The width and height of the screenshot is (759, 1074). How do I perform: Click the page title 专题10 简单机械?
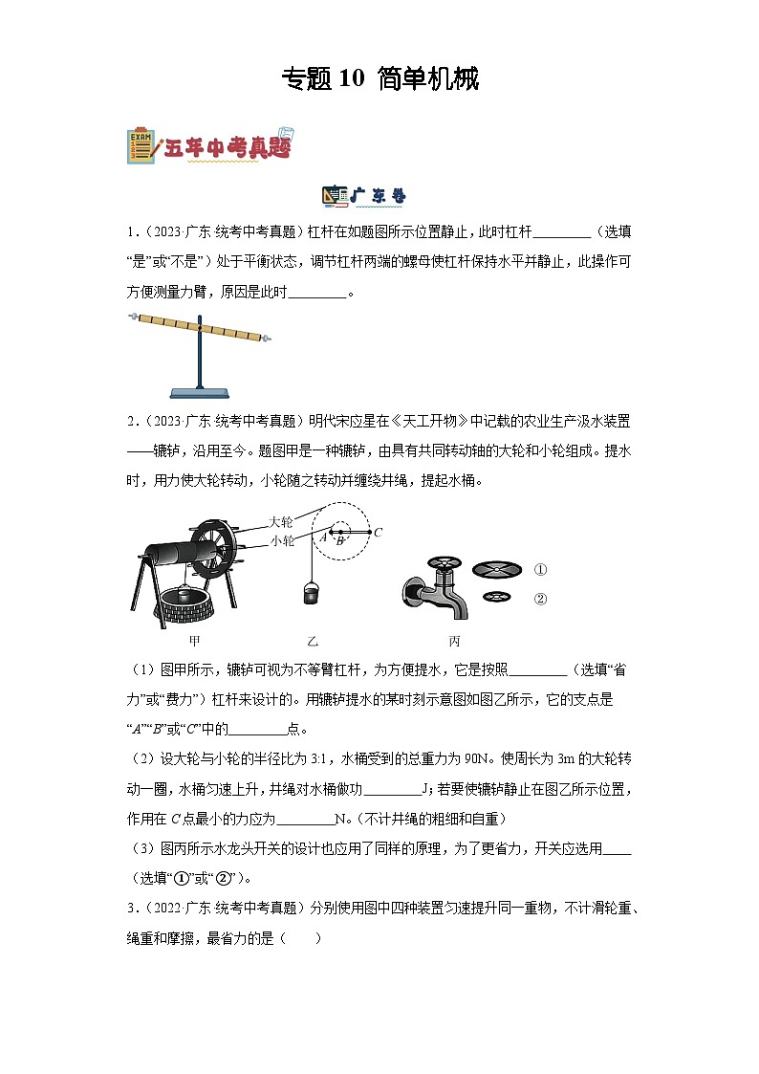click(379, 78)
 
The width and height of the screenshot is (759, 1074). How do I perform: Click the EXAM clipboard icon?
click(141, 144)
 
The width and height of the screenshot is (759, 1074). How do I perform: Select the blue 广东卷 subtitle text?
click(378, 196)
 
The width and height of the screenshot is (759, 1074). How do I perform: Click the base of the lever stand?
click(200, 391)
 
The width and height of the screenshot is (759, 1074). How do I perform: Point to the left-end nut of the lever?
click(131, 317)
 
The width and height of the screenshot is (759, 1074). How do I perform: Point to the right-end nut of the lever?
click(268, 338)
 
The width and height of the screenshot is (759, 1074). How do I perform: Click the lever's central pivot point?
click(200, 328)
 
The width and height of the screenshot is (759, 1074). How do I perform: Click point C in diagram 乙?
click(378, 532)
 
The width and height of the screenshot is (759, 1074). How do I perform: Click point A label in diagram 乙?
click(323, 537)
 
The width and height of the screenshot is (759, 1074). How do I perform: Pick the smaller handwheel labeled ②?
click(495, 598)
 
